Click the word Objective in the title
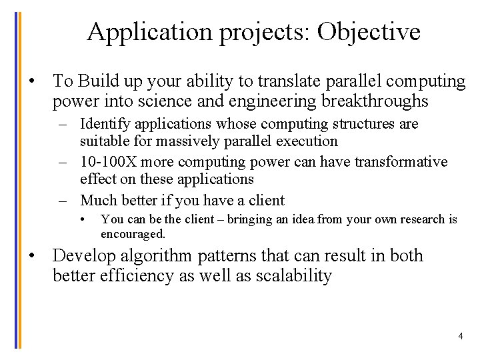coord(369,31)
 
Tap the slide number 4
coord(460,336)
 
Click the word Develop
coord(83,256)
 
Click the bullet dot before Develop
coord(31,256)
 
